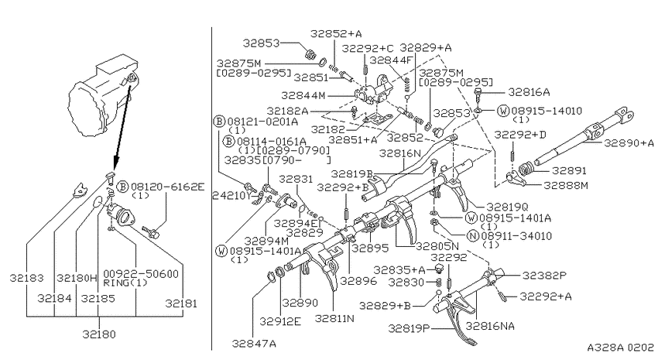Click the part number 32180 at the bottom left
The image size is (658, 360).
pyautogui.click(x=98, y=334)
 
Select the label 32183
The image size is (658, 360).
pyautogui.click(x=27, y=278)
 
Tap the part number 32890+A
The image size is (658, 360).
pyautogui.click(x=629, y=143)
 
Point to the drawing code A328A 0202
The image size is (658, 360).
pyautogui.click(x=620, y=348)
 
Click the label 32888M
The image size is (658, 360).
pyautogui.click(x=566, y=185)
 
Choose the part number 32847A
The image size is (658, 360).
pyautogui.click(x=254, y=344)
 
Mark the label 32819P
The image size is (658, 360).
pyautogui.click(x=409, y=328)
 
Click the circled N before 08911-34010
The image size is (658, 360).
pyautogui.click(x=473, y=236)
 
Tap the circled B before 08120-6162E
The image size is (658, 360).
pyautogui.click(x=122, y=187)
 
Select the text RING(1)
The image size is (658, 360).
pyautogui.click(x=125, y=283)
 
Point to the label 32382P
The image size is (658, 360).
pyautogui.click(x=544, y=276)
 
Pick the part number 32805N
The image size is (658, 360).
pyautogui.click(x=437, y=246)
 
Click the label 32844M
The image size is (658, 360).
pyautogui.click(x=303, y=96)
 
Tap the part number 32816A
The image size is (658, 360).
pyautogui.click(x=529, y=92)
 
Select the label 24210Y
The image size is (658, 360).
pyautogui.click(x=232, y=196)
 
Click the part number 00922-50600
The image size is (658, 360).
pyautogui.click(x=141, y=274)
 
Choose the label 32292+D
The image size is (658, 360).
pyautogui.click(x=520, y=135)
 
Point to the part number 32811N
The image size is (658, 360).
pyautogui.click(x=334, y=318)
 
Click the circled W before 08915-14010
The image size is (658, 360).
pyautogui.click(x=503, y=111)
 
